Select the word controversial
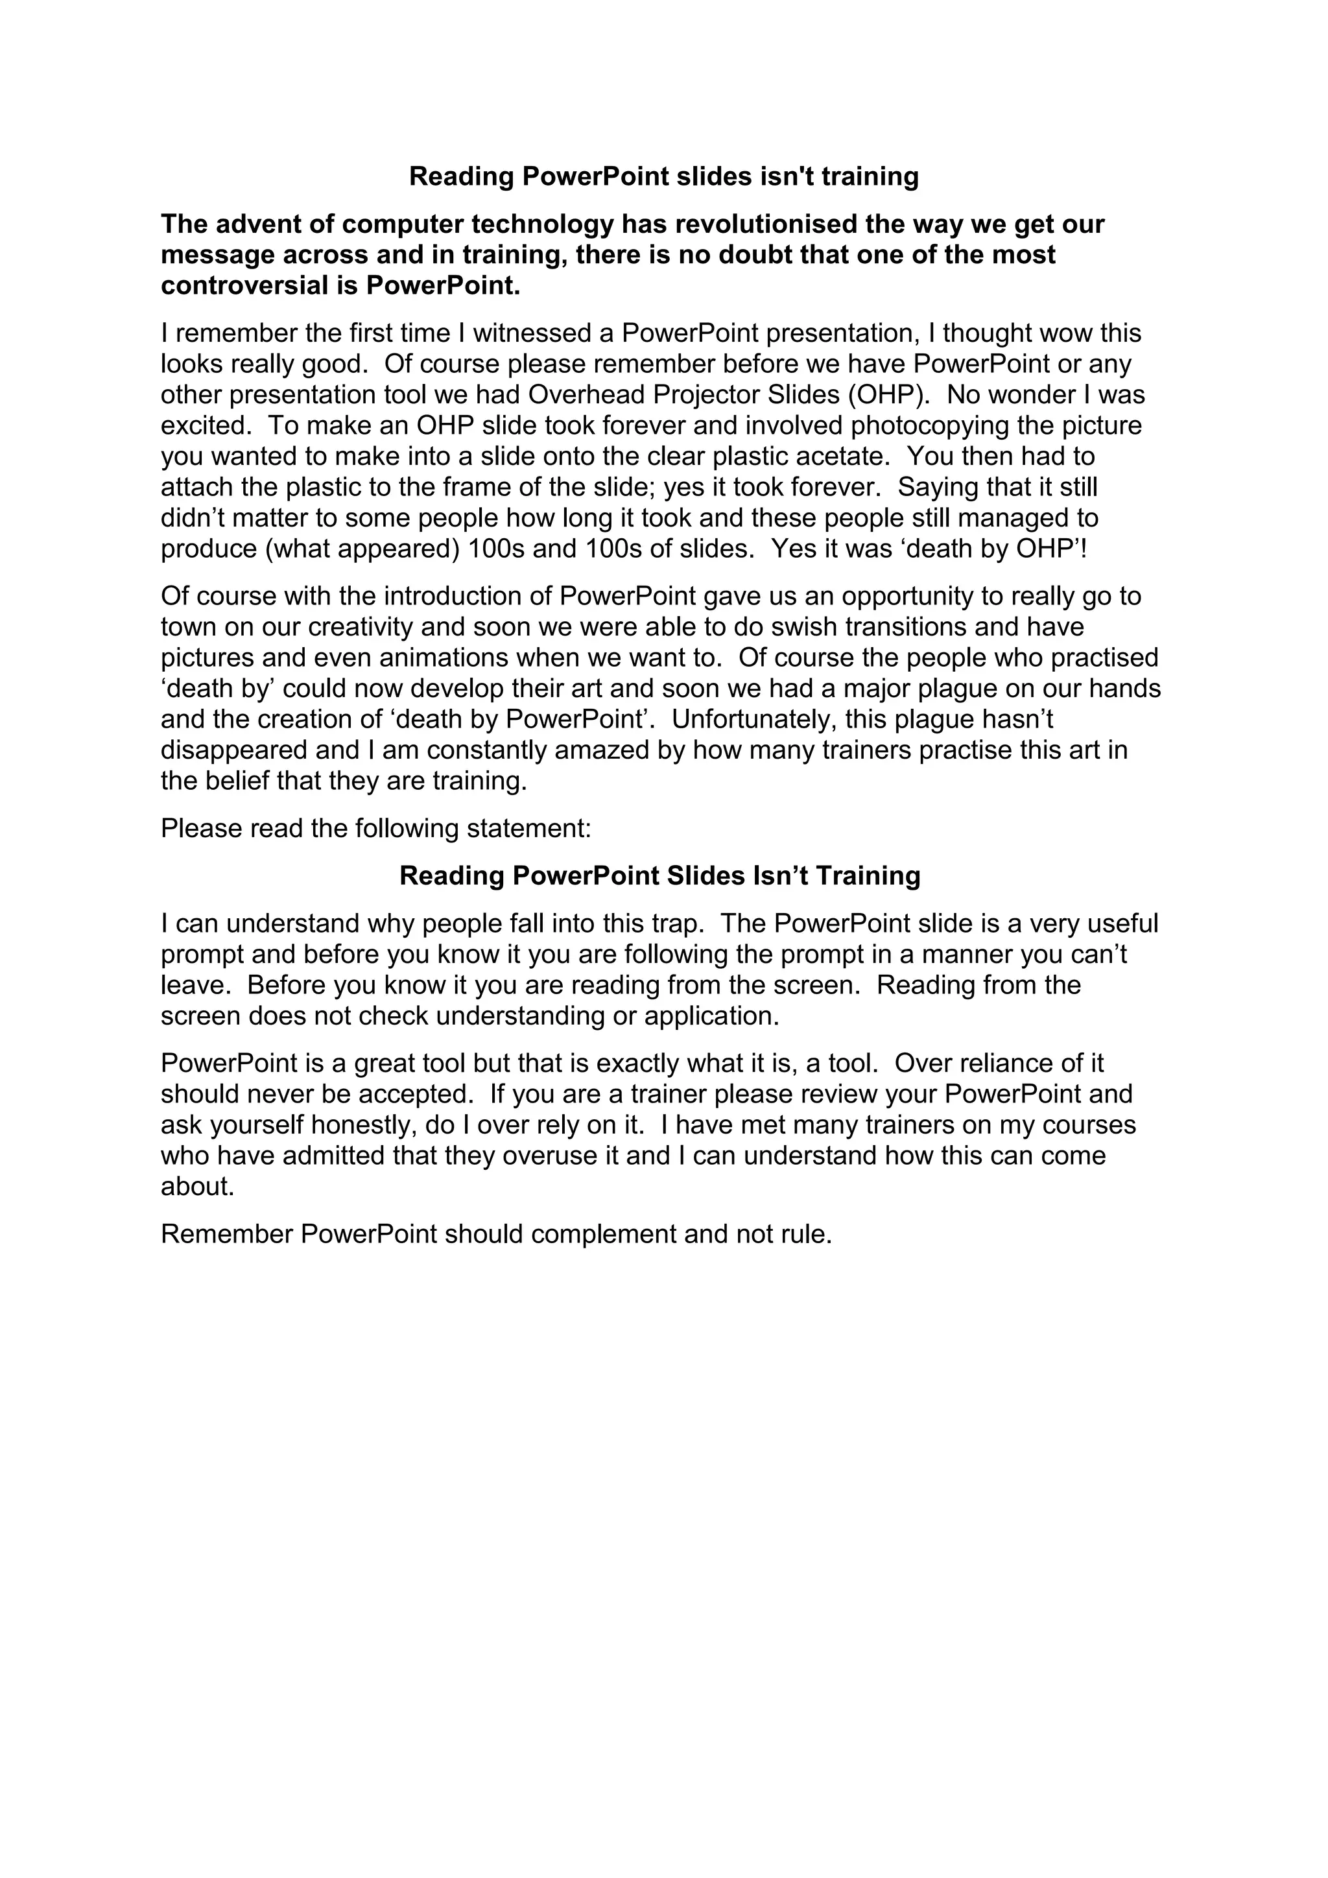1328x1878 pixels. tap(246, 286)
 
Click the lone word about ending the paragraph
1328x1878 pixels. tap(197, 1187)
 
